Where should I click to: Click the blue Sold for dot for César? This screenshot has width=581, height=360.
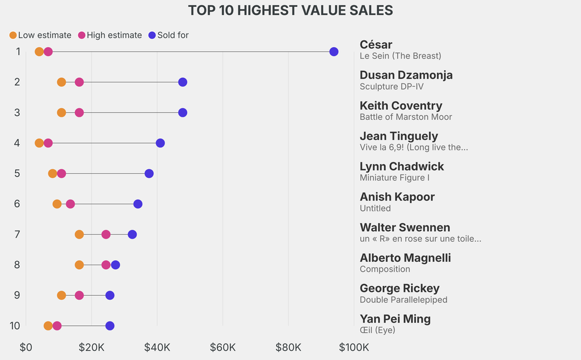334,52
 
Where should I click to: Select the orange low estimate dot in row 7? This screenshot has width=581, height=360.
79,235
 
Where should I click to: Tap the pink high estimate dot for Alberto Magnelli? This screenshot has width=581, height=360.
106,265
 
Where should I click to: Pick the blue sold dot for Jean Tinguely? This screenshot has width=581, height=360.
160,143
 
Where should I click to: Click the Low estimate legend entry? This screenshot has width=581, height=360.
40,35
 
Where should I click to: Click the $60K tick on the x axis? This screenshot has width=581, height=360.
222,347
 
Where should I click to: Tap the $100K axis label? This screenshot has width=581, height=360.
353,347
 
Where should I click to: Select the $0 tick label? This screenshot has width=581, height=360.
26,347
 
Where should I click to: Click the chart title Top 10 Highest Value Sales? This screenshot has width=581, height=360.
290,10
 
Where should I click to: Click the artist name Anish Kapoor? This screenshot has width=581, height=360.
397,197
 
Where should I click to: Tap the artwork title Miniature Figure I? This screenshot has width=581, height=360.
394,178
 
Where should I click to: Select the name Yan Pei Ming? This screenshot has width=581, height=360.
395,319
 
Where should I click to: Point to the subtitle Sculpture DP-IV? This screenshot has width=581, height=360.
391,86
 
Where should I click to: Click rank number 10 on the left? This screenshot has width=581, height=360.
15,326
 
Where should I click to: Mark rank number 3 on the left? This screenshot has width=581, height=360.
17,112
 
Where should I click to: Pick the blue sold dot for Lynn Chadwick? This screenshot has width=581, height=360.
149,173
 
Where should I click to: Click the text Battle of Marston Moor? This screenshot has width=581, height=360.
406,117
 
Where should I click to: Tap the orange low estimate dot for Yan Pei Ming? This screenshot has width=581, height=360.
48,326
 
